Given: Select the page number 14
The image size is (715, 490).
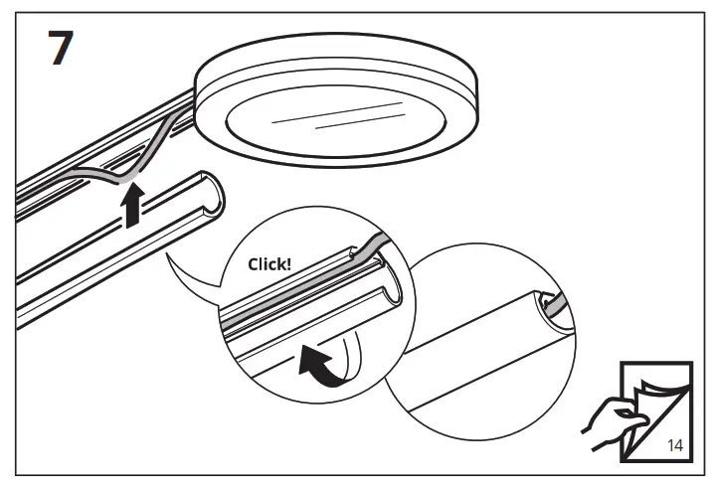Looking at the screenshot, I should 674,446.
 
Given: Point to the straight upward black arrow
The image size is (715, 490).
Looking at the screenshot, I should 129,206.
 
